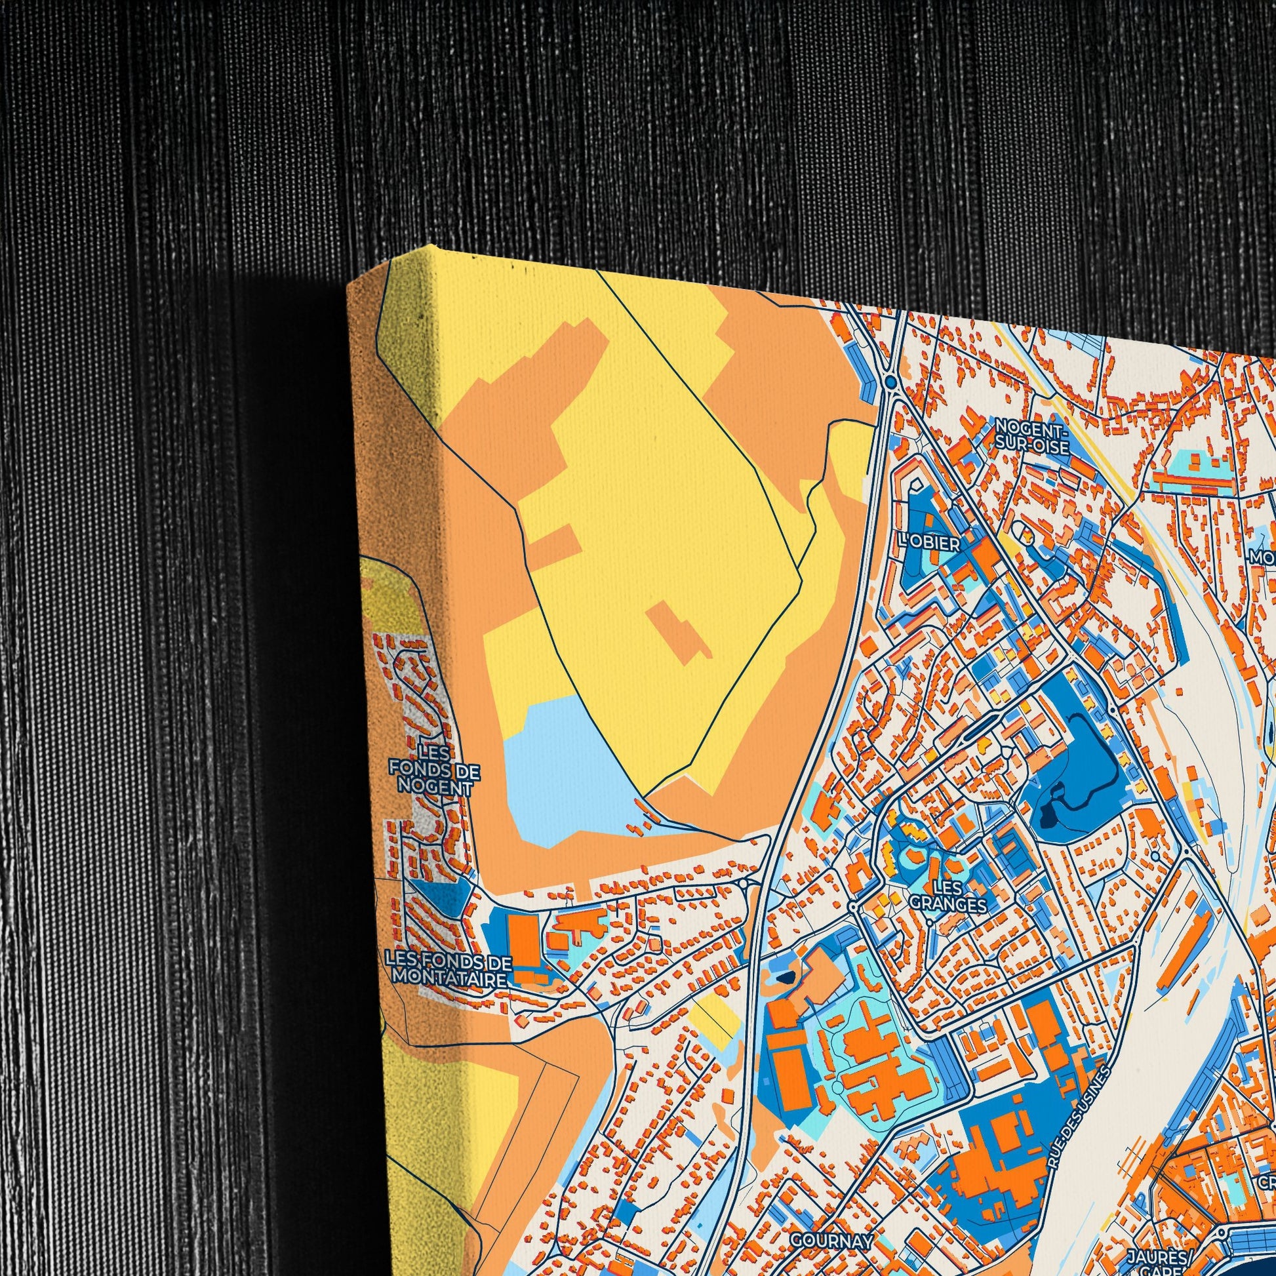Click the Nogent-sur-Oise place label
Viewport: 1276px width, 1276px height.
click(x=1031, y=437)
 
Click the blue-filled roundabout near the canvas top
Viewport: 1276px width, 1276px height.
click(x=891, y=382)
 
